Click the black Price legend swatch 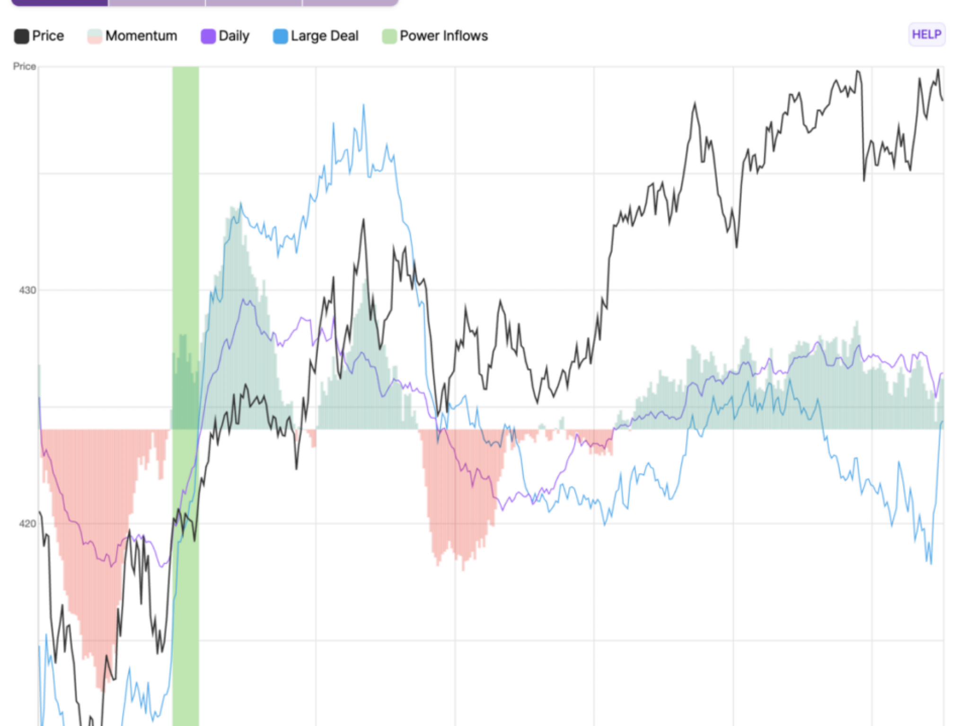[x=21, y=36]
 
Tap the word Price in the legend [x=48, y=36]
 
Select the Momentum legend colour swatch [x=95, y=36]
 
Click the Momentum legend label [x=141, y=36]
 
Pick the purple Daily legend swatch [x=208, y=36]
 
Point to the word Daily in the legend [x=234, y=36]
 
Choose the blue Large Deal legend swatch [x=280, y=36]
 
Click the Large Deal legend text [x=325, y=36]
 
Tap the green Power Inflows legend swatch [x=389, y=36]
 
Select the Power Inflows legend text [x=443, y=36]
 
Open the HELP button [x=926, y=35]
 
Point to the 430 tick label [x=27, y=290]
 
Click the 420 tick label [x=27, y=524]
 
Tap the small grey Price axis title [x=24, y=67]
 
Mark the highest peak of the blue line [x=363, y=105]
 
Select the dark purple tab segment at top [x=60, y=2]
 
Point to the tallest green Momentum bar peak [x=234, y=208]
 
